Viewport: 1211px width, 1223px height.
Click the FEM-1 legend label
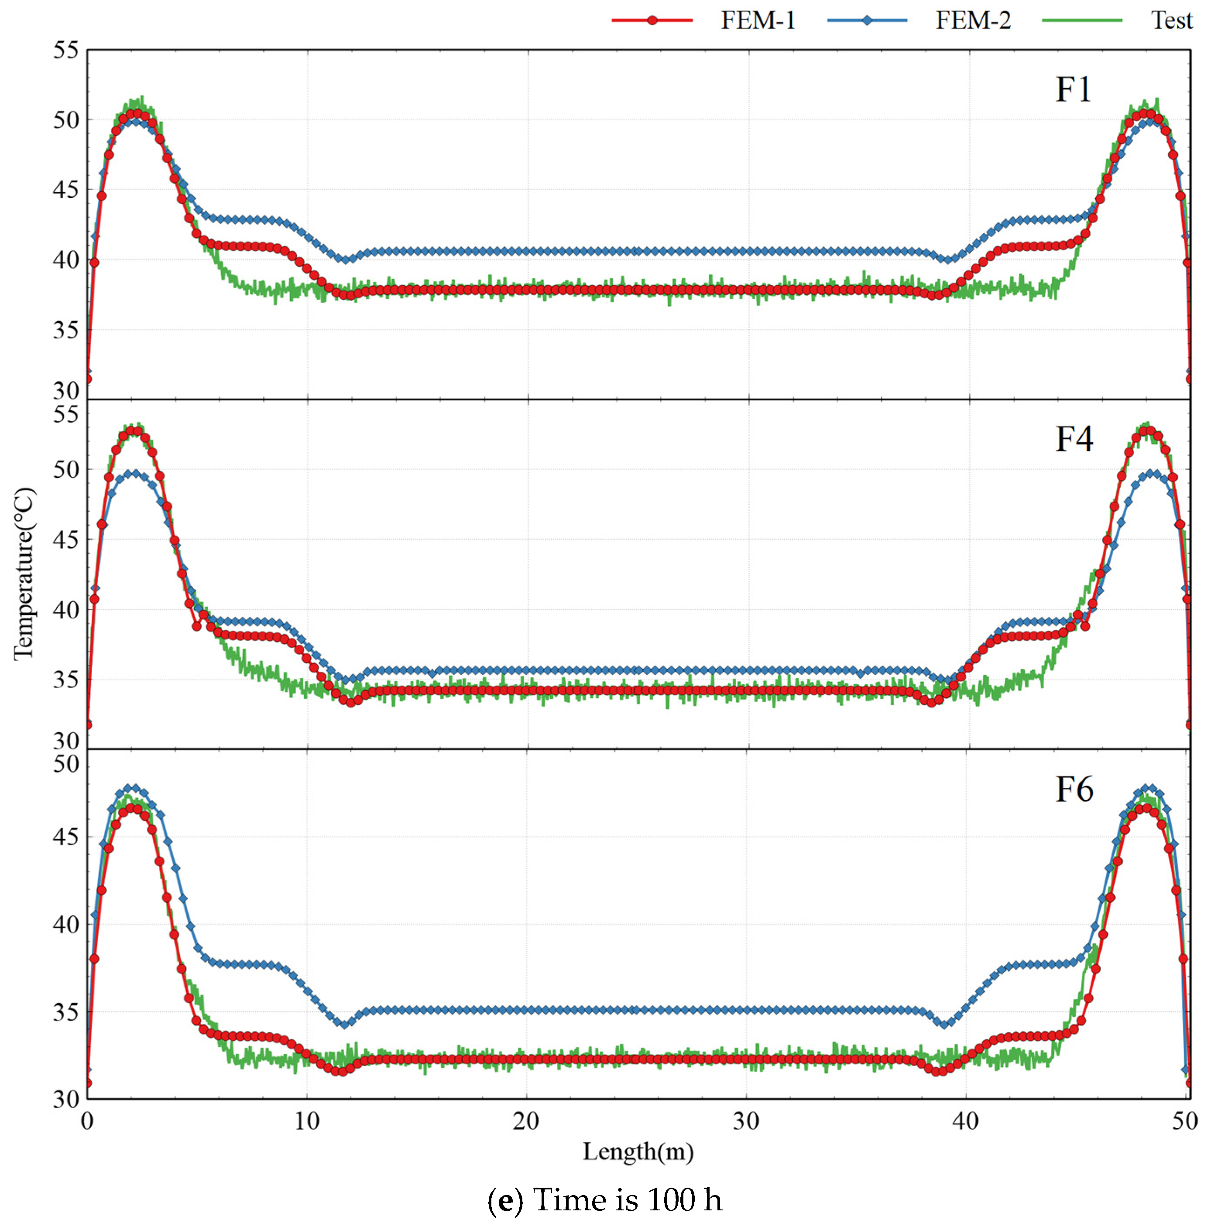click(758, 21)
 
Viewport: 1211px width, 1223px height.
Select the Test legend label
click(1171, 21)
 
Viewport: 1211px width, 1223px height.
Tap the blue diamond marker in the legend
click(867, 21)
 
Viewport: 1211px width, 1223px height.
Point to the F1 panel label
click(1073, 90)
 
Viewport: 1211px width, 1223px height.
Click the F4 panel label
click(1074, 439)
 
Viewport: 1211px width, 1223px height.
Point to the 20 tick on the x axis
click(526, 1121)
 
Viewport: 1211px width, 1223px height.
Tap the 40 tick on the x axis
click(965, 1121)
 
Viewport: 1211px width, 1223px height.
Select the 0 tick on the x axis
click(87, 1121)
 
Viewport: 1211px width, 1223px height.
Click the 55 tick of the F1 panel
click(66, 51)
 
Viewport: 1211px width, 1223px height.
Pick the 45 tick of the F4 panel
click(66, 540)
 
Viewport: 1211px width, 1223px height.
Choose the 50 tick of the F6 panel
click(66, 765)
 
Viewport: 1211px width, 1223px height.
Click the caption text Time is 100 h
click(628, 1199)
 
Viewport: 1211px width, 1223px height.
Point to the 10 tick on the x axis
click(306, 1121)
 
